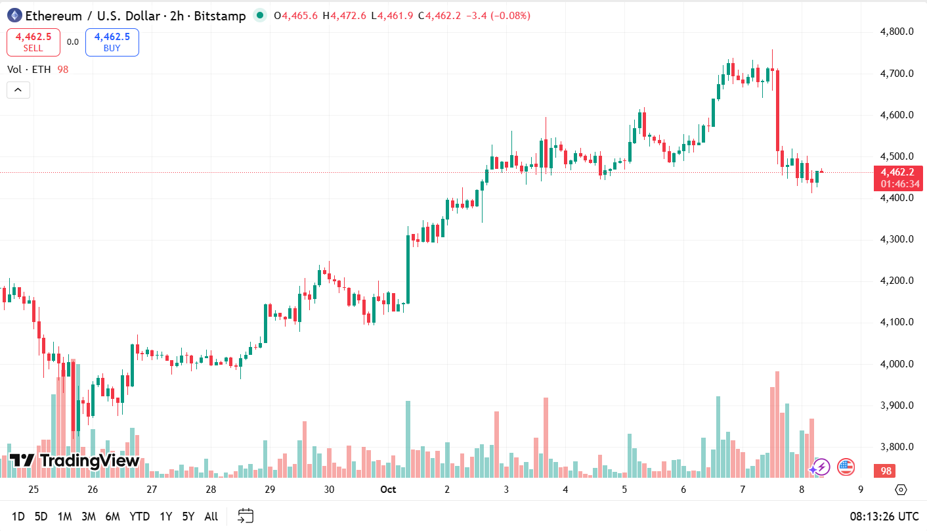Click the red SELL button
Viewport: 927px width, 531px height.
click(x=33, y=43)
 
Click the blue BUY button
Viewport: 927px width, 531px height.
click(x=112, y=43)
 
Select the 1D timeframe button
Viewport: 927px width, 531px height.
click(x=18, y=517)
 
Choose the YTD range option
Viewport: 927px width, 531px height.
click(x=139, y=517)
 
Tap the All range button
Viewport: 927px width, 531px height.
click(x=211, y=517)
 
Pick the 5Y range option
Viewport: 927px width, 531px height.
click(x=188, y=517)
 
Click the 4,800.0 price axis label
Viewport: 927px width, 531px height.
click(x=897, y=32)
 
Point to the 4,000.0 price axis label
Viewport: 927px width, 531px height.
click(x=897, y=364)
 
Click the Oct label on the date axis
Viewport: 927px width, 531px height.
click(x=389, y=490)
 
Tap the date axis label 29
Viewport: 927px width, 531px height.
click(x=270, y=490)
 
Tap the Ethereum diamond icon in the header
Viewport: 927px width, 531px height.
click(x=14, y=16)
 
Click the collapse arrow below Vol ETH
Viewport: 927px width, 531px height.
click(x=18, y=90)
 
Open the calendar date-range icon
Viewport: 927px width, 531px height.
click(x=246, y=517)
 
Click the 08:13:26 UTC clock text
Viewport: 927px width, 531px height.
click(x=883, y=517)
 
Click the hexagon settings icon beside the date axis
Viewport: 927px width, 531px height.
click(x=901, y=490)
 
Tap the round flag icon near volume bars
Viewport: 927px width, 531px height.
click(x=846, y=467)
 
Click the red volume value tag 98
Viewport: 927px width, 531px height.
click(x=886, y=471)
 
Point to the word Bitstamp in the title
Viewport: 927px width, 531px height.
click(x=219, y=16)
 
